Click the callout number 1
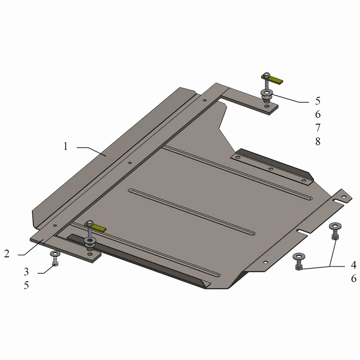coord(66,146)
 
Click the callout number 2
coord(7,254)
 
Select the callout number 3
coord(26,272)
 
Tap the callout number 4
coord(354,265)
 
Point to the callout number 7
coord(318,127)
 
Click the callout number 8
coord(318,142)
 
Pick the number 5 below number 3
coord(26,285)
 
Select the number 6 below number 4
coord(354,278)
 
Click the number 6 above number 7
coord(318,114)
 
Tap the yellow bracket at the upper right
coord(273,79)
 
